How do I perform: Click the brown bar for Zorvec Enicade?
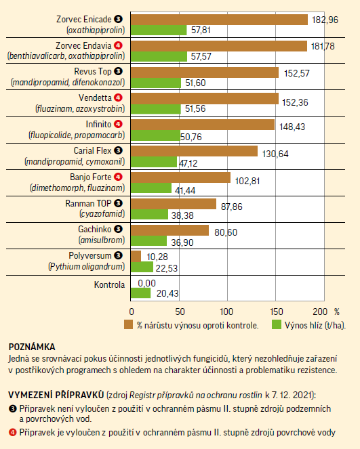coord(219,20)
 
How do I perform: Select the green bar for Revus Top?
coord(156,83)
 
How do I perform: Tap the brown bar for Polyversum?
coord(136,256)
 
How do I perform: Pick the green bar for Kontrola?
coord(141,293)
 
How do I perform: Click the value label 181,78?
coord(323,46)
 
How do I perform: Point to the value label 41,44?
coord(185,190)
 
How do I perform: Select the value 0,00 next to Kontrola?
coord(146,283)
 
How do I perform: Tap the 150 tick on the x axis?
coord(277,312)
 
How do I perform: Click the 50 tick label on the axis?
coord(180,312)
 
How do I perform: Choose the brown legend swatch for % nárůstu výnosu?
coord(128,324)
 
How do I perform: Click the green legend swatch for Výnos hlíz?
coord(277,324)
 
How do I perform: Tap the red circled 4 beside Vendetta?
coord(118,98)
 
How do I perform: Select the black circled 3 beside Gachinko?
coord(118,229)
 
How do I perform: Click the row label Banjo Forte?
coord(91,177)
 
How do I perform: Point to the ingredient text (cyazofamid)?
coord(102,214)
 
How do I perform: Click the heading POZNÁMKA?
coord(32,347)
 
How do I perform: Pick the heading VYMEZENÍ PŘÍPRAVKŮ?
coord(56,395)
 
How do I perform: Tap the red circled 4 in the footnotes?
coord(13,432)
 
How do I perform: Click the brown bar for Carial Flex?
coord(194,151)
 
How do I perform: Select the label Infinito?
coord(98,125)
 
